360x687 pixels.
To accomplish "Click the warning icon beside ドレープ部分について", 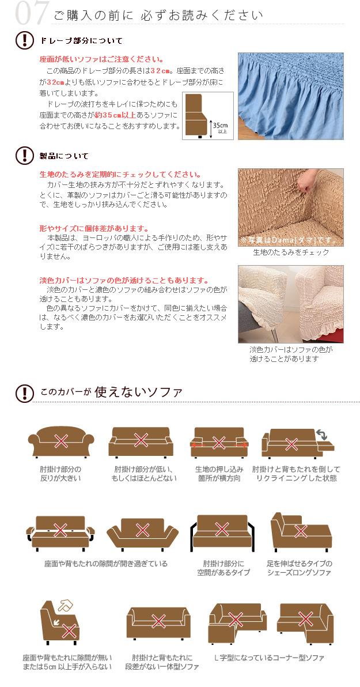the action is click(25, 40).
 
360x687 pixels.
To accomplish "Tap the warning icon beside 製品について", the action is click(25, 156).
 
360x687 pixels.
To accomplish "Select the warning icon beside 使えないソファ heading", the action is click(25, 393).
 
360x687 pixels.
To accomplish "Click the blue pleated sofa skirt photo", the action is click(291, 96).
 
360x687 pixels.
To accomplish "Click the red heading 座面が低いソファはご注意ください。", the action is click(101, 59).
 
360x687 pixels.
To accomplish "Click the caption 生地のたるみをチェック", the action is click(291, 252).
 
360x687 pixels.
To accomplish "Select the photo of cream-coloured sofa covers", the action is click(291, 304).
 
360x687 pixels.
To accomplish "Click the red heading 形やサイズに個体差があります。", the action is click(94, 228).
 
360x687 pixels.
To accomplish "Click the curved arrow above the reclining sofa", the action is click(322, 435).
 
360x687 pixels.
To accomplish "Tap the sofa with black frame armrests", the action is click(222, 533).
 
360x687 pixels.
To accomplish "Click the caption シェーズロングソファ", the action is click(299, 573).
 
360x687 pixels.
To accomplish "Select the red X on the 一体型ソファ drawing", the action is click(158, 620).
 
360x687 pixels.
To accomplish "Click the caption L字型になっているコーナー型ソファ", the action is click(270, 658).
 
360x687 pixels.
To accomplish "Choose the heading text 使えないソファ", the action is click(138, 391).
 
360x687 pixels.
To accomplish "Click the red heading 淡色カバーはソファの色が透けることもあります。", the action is click(124, 281).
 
